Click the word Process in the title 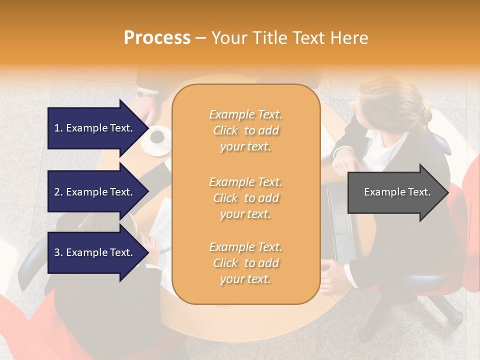tap(157, 38)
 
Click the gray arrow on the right tap(397, 192)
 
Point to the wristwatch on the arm tap(147, 93)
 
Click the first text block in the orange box tap(245, 130)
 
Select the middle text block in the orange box tap(245, 198)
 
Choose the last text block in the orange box tap(245, 263)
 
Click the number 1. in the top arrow tap(58, 128)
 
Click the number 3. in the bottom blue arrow tap(58, 252)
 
